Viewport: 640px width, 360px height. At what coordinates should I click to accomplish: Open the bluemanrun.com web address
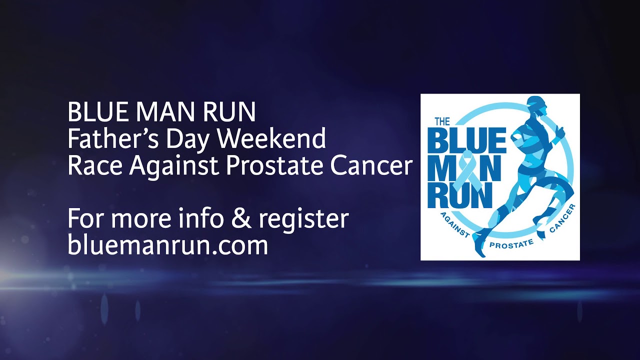tap(167, 245)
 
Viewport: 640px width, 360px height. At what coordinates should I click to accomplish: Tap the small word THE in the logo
tap(442, 121)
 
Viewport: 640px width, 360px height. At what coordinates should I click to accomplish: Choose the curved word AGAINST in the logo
tap(454, 224)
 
